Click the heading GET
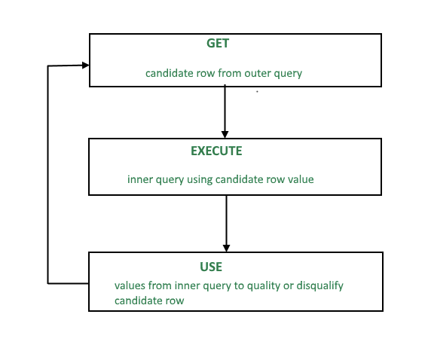(218, 44)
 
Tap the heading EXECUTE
(216, 151)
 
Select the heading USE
(211, 267)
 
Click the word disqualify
(320, 286)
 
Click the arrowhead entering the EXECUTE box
(225, 135)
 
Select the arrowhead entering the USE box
(226, 249)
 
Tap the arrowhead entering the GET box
(86, 66)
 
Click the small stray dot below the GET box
(257, 92)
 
